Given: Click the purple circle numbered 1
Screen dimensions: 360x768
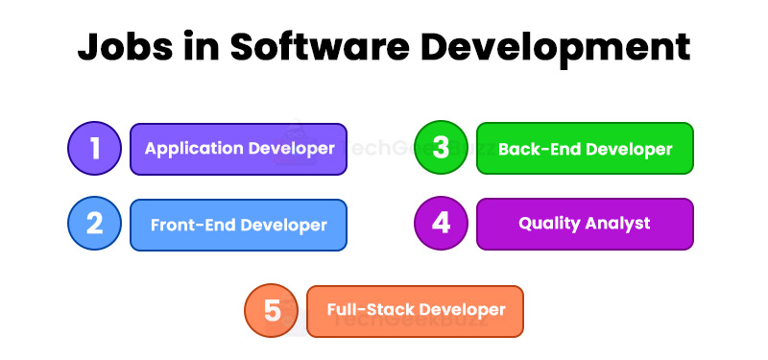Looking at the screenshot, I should pos(94,149).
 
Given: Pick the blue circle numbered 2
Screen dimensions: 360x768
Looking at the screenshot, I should pos(94,224).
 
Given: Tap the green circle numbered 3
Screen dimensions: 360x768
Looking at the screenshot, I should pos(441,149).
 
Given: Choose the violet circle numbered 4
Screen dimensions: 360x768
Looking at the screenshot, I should pos(441,223).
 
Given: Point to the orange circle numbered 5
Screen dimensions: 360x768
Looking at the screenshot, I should pos(272,311).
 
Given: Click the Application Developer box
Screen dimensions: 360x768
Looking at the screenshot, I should pos(238,149).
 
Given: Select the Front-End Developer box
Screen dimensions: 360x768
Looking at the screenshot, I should pos(238,225).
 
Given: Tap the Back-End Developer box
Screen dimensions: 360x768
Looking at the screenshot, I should pos(585,149).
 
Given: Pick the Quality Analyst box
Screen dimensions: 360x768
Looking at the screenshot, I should pos(585,223).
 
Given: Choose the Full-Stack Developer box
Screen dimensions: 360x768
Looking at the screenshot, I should pos(415,311).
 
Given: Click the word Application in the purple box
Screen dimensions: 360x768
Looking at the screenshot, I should pos(195,149).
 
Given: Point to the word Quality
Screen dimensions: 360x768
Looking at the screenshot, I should pos(550,224).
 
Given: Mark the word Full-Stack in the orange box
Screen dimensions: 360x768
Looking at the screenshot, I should pos(370,310).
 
